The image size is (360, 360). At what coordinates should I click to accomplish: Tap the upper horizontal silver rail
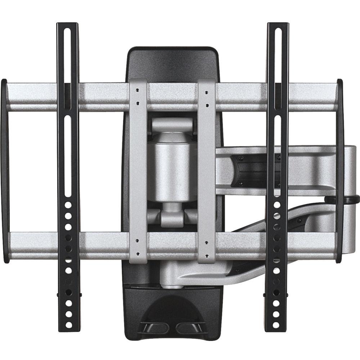point(101,96)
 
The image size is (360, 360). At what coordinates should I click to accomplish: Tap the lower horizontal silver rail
point(101,246)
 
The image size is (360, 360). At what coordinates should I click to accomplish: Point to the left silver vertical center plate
point(138,169)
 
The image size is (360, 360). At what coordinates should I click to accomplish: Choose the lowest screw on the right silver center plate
point(207,255)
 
